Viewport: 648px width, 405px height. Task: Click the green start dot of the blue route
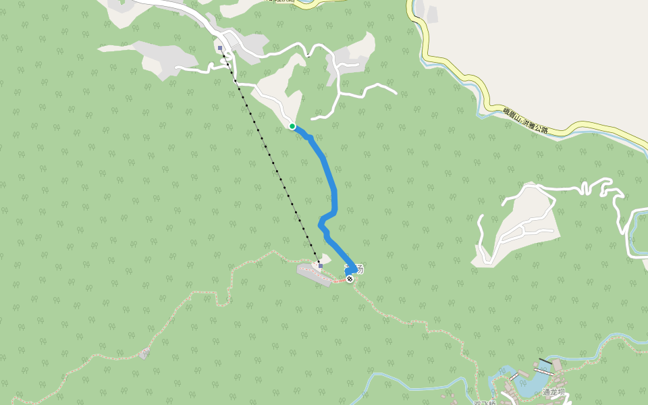coord(292,126)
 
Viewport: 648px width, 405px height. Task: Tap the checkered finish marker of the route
coord(350,279)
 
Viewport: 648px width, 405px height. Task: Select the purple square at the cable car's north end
coord(221,48)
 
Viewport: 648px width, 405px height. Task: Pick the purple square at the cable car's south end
coord(320,265)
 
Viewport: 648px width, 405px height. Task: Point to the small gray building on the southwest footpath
coord(144,353)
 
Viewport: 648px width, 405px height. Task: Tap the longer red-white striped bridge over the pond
coord(543,371)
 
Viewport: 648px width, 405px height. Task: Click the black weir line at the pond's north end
coord(545,362)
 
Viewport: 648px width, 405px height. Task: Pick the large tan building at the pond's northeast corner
coord(557,365)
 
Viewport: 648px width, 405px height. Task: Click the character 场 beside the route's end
coord(360,269)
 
